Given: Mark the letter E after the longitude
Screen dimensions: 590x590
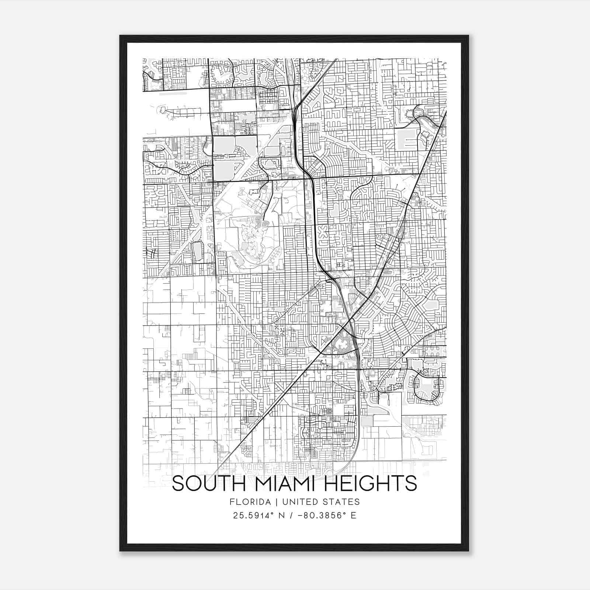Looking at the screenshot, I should (x=353, y=516).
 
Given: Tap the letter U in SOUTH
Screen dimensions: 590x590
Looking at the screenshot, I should (x=211, y=483).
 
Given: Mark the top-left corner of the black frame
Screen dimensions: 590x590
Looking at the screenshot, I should (x=120, y=36).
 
